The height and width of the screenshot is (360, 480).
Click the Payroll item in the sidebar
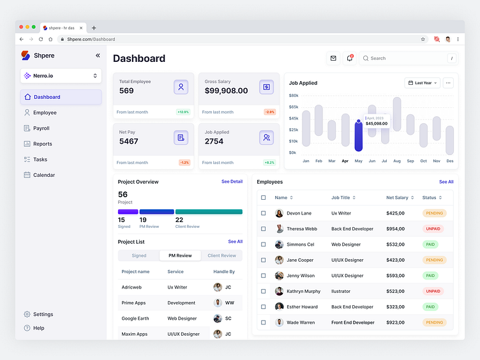tap(41, 128)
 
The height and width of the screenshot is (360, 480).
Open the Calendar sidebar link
tap(43, 175)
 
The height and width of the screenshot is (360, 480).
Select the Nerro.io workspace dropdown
tap(61, 76)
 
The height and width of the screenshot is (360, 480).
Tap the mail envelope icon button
tap(333, 58)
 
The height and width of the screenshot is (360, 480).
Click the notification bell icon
tap(349, 58)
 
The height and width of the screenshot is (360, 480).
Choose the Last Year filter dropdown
tap(422, 83)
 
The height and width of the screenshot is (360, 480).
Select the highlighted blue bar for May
tap(359, 136)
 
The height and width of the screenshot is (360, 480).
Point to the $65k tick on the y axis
tap(294, 107)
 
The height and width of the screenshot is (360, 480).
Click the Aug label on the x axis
tap(397, 161)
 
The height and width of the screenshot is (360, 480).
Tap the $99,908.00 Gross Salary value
tap(226, 91)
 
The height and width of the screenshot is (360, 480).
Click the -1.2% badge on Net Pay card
tap(184, 163)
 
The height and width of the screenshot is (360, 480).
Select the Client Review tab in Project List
tap(221, 255)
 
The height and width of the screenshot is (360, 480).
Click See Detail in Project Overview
tap(232, 182)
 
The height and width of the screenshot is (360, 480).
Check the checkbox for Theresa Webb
tap(263, 229)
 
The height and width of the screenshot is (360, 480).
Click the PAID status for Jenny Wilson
tap(430, 276)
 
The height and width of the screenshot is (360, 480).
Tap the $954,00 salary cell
tap(395, 229)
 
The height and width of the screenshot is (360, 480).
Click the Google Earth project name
tap(135, 319)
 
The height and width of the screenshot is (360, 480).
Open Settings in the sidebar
tap(43, 314)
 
